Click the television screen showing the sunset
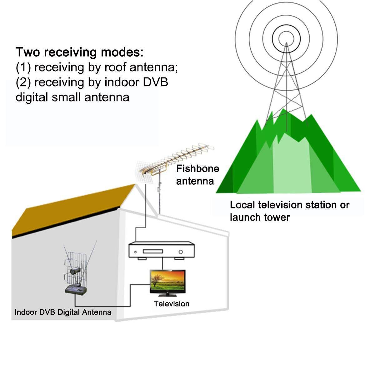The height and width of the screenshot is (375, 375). pyautogui.click(x=167, y=281)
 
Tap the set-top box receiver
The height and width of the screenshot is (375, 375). pyautogui.click(x=162, y=250)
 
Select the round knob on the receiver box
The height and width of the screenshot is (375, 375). pyautogui.click(x=181, y=252)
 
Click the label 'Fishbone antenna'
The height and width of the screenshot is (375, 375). pyautogui.click(x=197, y=175)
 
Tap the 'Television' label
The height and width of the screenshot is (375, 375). pyautogui.click(x=172, y=304)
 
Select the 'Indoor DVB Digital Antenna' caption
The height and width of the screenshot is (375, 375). pyautogui.click(x=63, y=312)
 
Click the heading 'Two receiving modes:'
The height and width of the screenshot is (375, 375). pyautogui.click(x=79, y=52)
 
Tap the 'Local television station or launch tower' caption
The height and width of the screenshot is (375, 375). pyautogui.click(x=289, y=211)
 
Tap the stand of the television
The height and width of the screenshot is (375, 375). pyautogui.click(x=167, y=295)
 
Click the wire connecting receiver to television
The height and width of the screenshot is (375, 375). pyautogui.click(x=162, y=263)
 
